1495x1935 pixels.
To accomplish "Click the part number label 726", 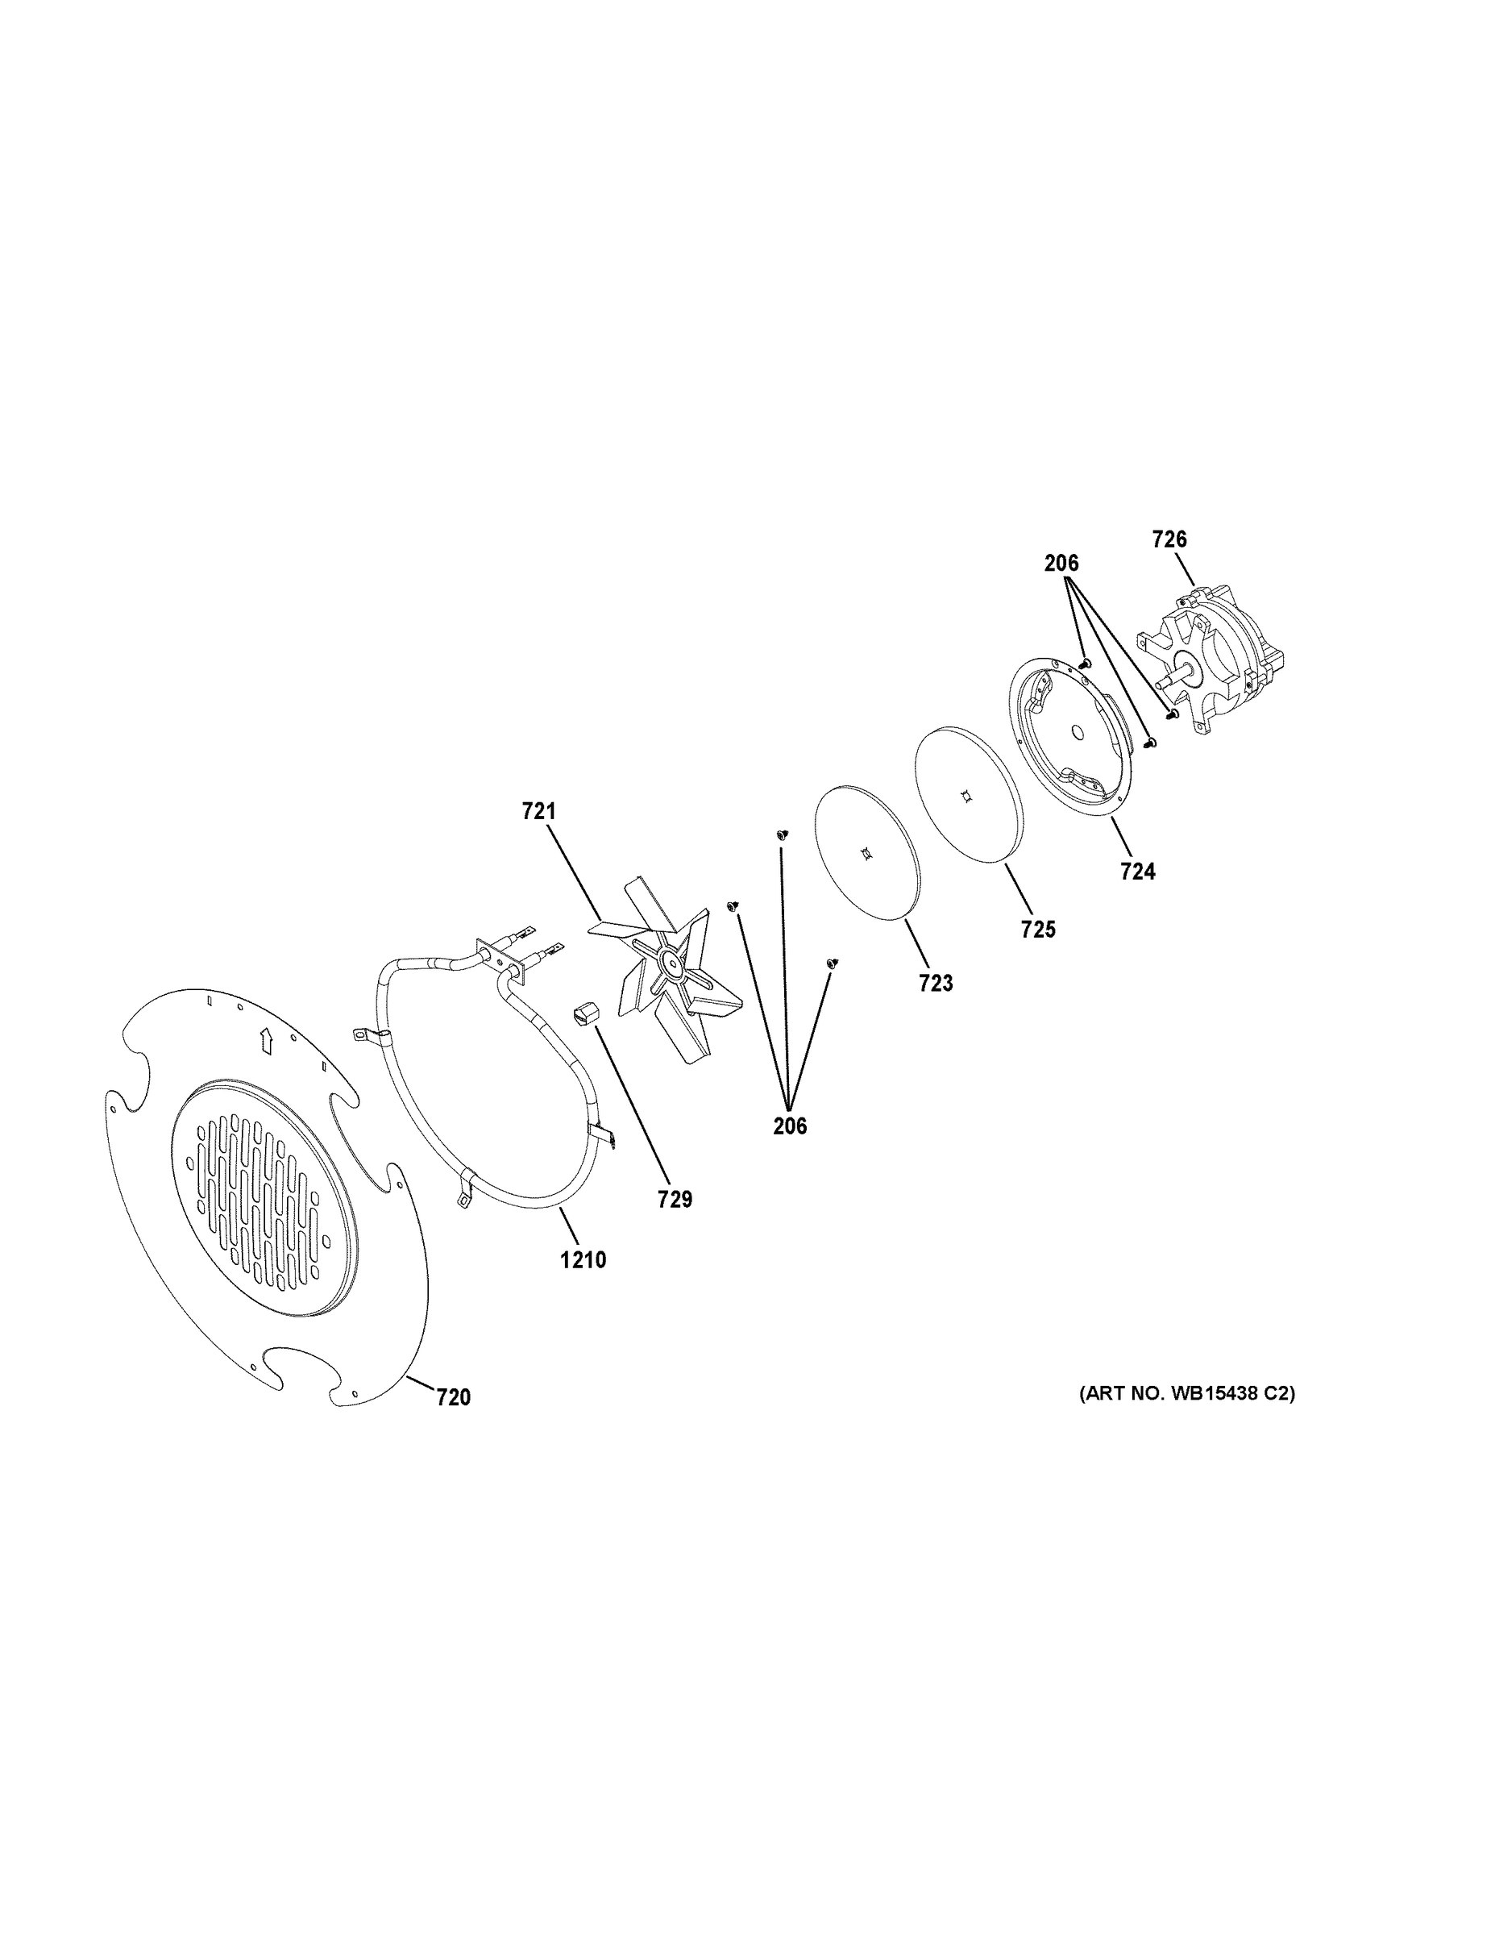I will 1169,539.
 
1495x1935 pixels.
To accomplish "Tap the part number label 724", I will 1137,872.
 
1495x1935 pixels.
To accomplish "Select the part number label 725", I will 1038,930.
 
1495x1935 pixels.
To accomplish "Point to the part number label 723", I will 935,983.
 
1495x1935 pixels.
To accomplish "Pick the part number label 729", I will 675,1200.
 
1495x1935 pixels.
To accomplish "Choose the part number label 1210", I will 583,1259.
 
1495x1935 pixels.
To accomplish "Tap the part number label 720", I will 454,1398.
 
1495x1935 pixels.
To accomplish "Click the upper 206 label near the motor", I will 1061,563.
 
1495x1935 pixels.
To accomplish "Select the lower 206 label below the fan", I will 790,1126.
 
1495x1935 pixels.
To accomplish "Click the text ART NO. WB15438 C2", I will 1186,1394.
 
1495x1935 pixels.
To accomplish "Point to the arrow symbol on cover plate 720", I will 265,1040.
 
